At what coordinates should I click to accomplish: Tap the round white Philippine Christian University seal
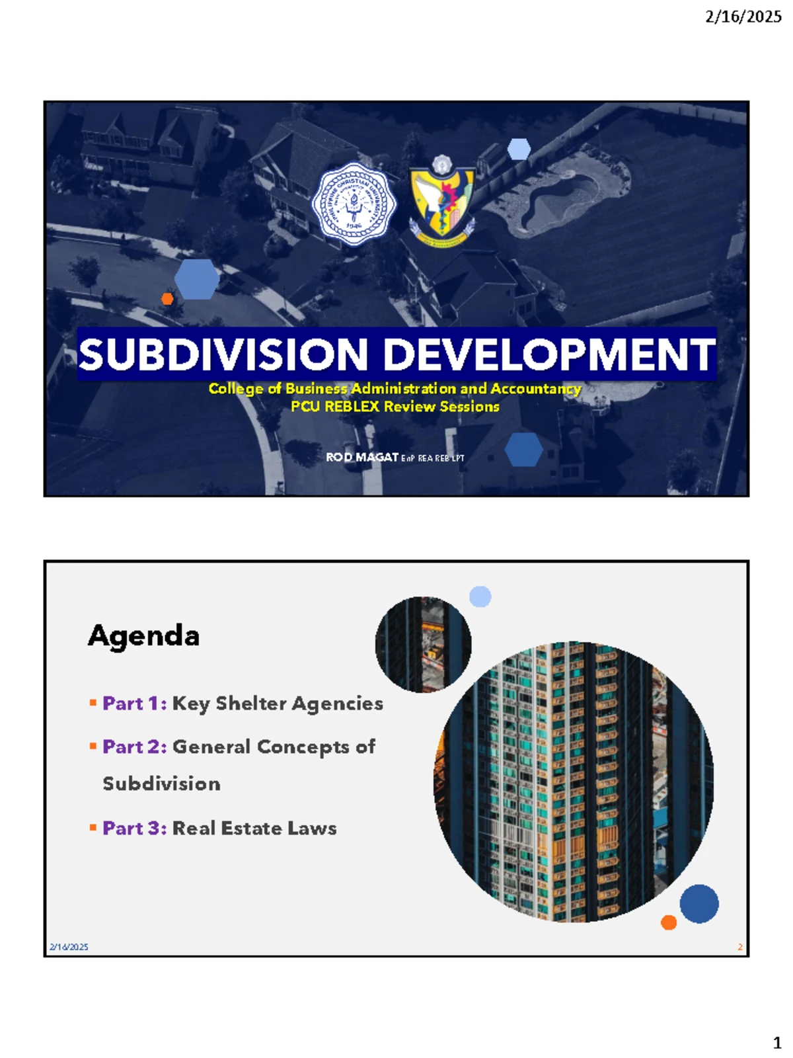[x=354, y=204]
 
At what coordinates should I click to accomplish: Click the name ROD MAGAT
[x=361, y=457]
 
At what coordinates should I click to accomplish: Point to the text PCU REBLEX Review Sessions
[x=395, y=407]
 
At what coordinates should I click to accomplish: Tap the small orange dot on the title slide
[x=167, y=299]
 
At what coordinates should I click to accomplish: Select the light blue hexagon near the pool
[x=519, y=149]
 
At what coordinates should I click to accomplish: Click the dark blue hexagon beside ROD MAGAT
[x=523, y=450]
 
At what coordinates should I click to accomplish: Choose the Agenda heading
[x=143, y=635]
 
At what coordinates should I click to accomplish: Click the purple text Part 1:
[x=134, y=704]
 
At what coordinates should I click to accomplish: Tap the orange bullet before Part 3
[x=93, y=827]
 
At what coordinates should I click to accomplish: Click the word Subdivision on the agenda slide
[x=162, y=784]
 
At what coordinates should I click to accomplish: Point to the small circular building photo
[x=423, y=645]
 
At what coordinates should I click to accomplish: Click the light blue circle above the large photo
[x=480, y=596]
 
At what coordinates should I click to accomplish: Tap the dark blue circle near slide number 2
[x=699, y=904]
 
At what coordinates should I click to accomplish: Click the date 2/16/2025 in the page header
[x=743, y=17]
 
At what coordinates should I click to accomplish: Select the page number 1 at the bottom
[x=776, y=1043]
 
